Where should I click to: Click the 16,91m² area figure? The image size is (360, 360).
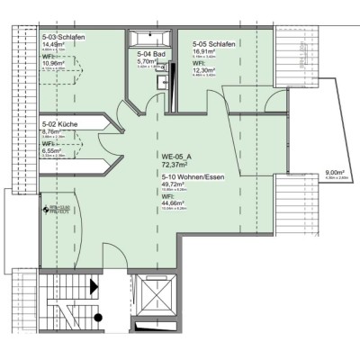click(x=204, y=50)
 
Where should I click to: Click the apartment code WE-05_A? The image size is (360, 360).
click(x=176, y=158)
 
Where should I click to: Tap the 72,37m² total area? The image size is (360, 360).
click(x=175, y=166)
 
